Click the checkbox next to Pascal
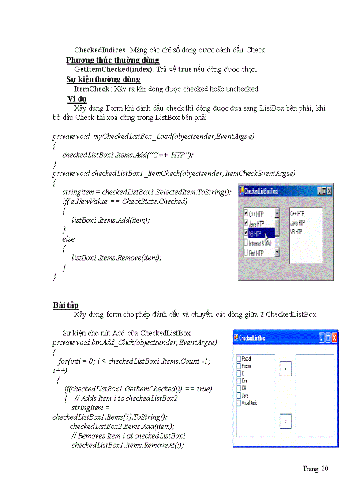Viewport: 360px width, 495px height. pos(239,359)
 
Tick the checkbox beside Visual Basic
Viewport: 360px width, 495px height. pos(239,403)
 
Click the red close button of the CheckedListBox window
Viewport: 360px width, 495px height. pos(334,338)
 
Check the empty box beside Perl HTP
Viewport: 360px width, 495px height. pos(246,253)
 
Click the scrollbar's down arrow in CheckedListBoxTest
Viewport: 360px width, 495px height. pos(277,253)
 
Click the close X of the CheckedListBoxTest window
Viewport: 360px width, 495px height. pos(329,191)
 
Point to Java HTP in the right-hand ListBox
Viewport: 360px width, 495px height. pos(297,223)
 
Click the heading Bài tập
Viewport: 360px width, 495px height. pos(66,305)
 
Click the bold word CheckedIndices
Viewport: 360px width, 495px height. pos(100,50)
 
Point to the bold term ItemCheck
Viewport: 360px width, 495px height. pos(91,89)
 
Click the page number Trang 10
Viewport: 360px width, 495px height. pos(315,469)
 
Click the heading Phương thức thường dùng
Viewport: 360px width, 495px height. pos(113,60)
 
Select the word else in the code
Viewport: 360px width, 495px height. pos(68,239)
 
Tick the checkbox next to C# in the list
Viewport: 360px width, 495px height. pos(239,388)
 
